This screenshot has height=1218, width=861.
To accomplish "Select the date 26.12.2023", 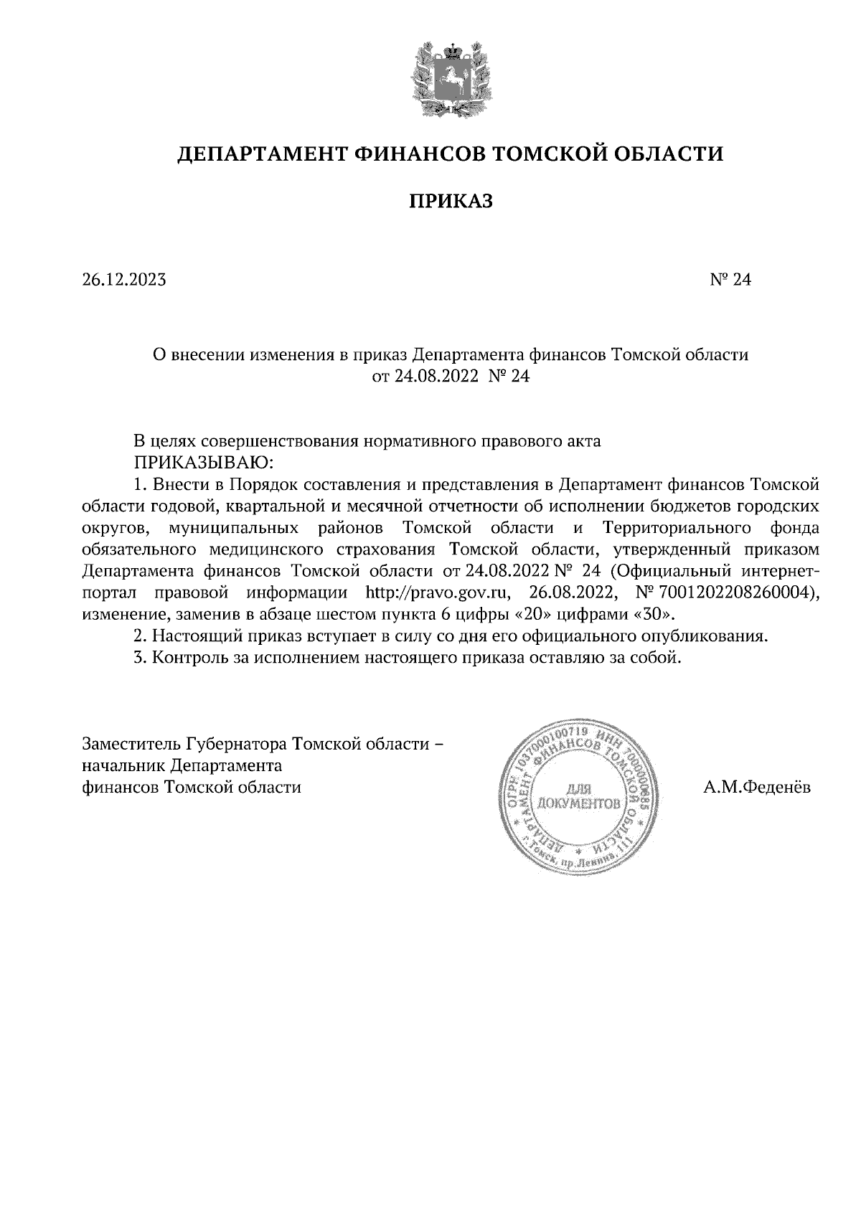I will coord(124,280).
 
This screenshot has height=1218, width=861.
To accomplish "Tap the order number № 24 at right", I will coord(730,280).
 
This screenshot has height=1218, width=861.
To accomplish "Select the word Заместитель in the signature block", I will coord(131,743).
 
